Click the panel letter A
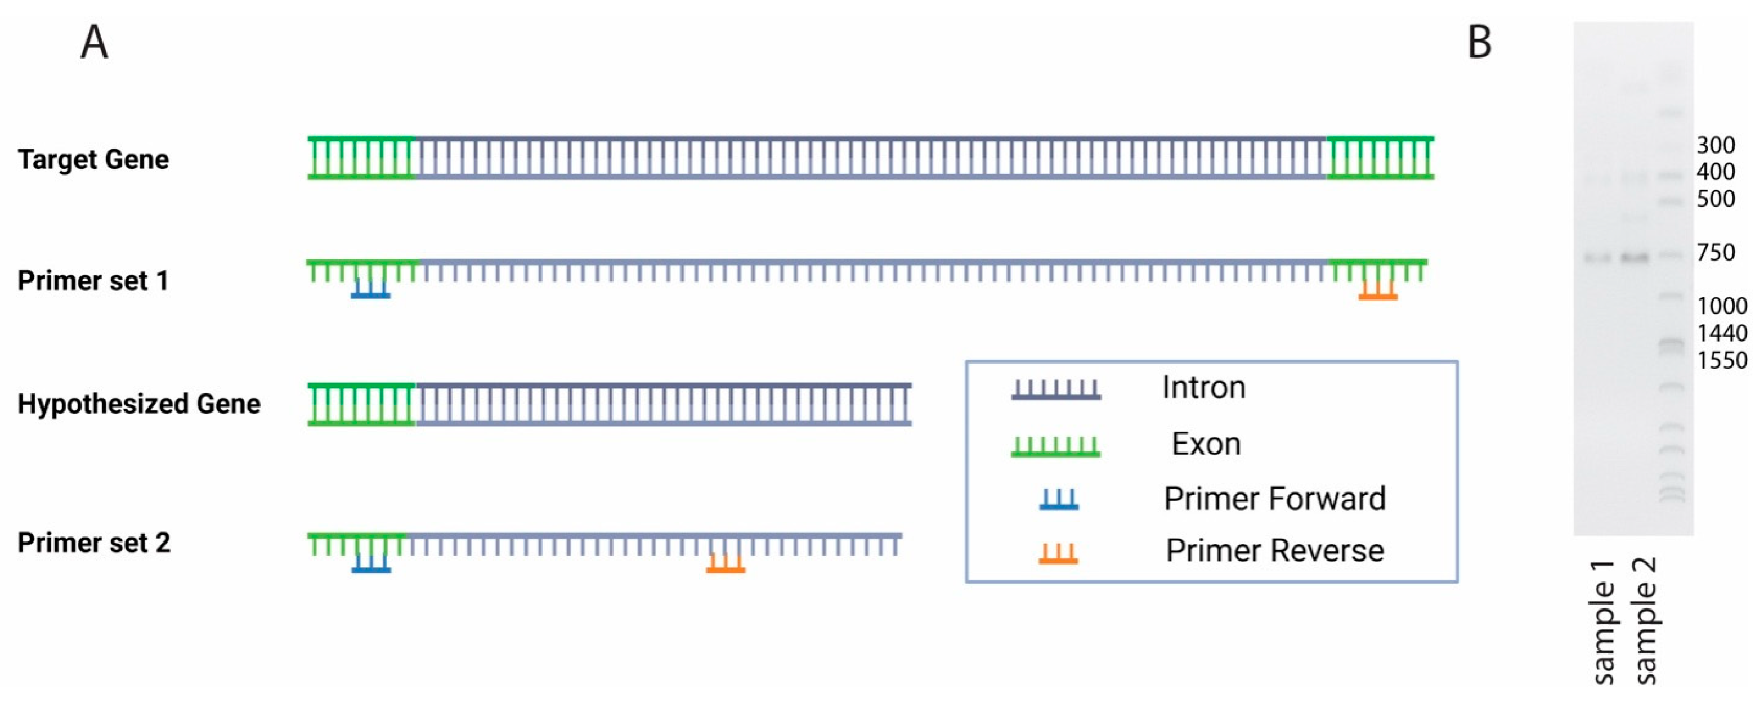(95, 42)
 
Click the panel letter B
(1480, 42)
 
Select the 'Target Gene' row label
(93, 159)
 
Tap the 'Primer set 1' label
(93, 281)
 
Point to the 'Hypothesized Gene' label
(139, 404)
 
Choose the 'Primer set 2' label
(94, 543)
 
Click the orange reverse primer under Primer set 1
(1378, 292)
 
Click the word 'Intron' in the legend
(1203, 387)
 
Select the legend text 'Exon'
(1206, 444)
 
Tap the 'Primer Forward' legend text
(1274, 498)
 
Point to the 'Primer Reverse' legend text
(1274, 550)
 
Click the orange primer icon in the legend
(1058, 554)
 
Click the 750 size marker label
(1716, 253)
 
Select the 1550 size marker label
(1722, 360)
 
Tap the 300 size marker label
(1716, 145)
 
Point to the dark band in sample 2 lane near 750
(1635, 258)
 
